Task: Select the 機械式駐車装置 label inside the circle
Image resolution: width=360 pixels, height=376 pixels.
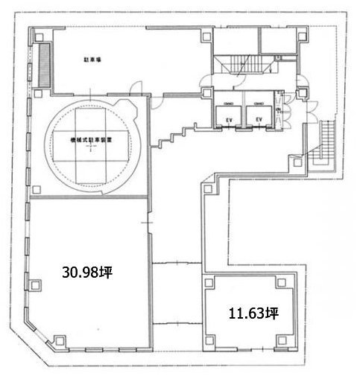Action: click(x=89, y=138)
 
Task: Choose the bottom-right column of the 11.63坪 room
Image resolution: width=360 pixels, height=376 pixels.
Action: click(x=281, y=341)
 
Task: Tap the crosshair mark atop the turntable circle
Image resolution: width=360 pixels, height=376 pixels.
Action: click(x=89, y=96)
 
